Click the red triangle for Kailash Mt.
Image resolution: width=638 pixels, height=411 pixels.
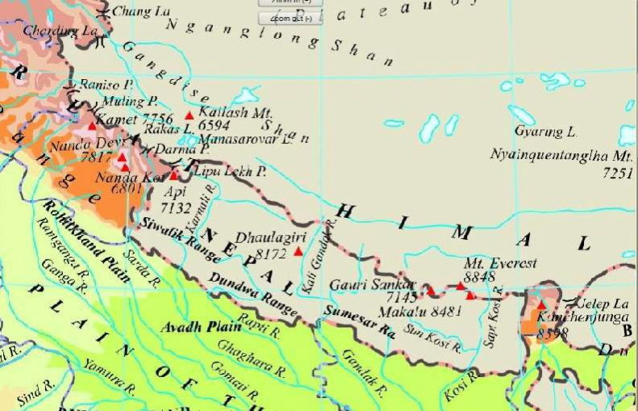(x=190, y=115)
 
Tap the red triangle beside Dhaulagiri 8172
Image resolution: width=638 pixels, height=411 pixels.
(x=298, y=252)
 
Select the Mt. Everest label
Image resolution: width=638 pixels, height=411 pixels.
(x=500, y=263)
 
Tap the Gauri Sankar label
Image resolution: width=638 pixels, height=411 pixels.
(x=371, y=285)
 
